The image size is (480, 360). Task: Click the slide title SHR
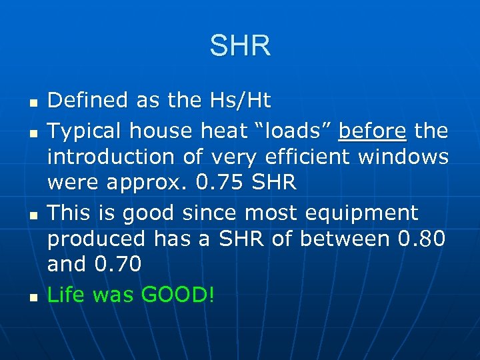coord(240,46)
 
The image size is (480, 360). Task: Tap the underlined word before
coord(372,131)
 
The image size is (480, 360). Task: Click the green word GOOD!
coord(179,295)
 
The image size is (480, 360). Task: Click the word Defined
coord(89,101)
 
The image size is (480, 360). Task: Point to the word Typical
coord(85,131)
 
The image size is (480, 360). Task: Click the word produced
coord(96,238)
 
